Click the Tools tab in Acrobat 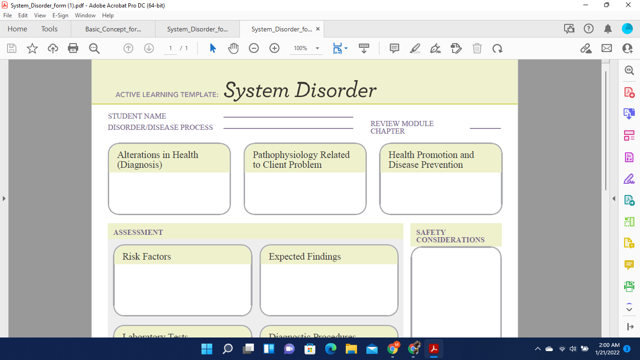(x=49, y=29)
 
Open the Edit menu (x=23, y=15)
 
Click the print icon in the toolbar (x=73, y=48)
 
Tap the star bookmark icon (x=32, y=48)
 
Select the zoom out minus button (x=254, y=48)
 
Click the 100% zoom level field (x=300, y=48)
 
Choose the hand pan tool (x=233, y=48)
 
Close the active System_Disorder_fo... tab (x=318, y=29)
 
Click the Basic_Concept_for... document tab (x=113, y=29)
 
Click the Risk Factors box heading (x=147, y=256)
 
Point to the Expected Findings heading (x=305, y=256)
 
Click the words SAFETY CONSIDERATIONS (x=450, y=236)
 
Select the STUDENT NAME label (x=137, y=116)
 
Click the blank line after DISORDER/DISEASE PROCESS (x=288, y=127)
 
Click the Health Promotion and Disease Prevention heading (x=431, y=160)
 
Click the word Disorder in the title (x=335, y=90)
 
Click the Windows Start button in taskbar (x=207, y=349)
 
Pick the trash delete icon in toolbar (x=477, y=48)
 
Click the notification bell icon (x=608, y=29)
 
